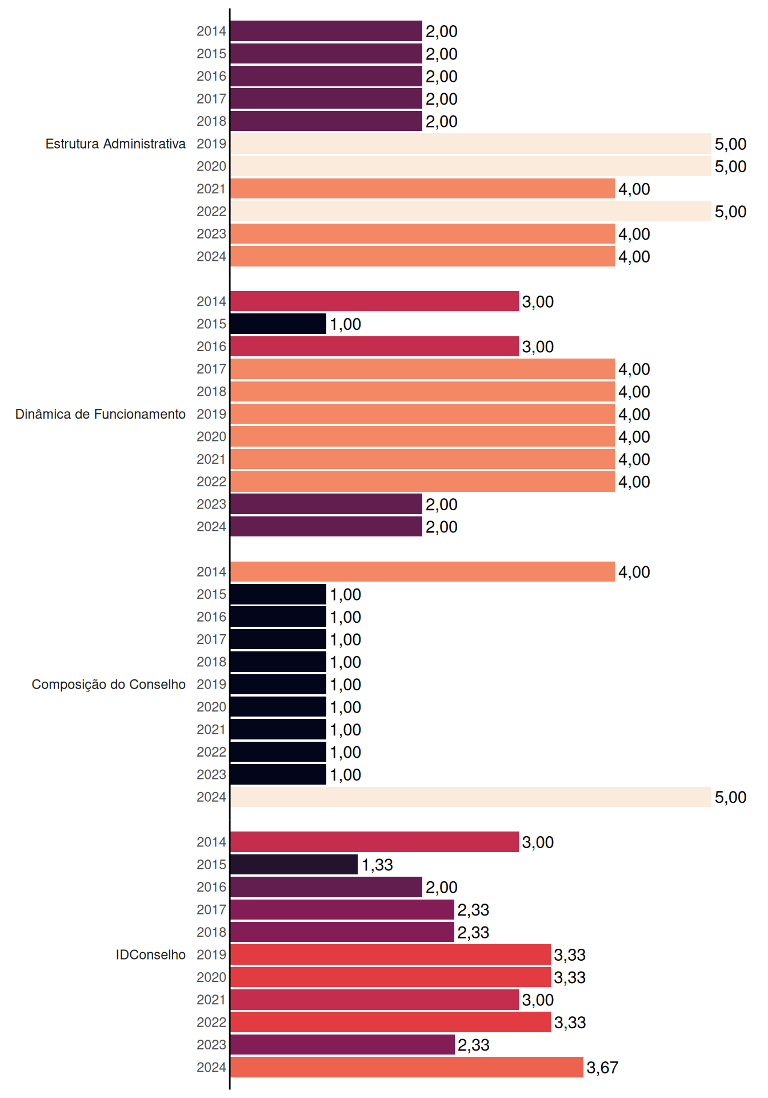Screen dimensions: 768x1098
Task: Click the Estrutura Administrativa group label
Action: (115, 144)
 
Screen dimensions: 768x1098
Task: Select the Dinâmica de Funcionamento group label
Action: (101, 414)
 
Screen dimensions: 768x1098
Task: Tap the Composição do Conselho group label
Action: (109, 685)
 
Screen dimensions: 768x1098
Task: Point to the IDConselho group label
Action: (151, 954)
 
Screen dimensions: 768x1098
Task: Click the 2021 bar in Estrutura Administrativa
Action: (422, 189)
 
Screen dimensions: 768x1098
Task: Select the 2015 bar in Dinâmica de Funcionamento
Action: (278, 324)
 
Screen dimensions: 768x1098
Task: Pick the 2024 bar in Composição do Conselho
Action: (471, 797)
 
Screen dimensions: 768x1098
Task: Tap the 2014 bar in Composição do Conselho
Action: (422, 572)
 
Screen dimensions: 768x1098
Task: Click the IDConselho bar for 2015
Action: (294, 865)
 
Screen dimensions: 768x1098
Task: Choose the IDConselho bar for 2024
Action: (407, 1067)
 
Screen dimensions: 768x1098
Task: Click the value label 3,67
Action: (602, 1068)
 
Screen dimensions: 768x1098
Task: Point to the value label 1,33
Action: (377, 865)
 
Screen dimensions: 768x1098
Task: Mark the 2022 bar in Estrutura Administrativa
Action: (471, 211)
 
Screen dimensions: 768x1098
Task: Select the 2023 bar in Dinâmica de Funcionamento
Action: (326, 504)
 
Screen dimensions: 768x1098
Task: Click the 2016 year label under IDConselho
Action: (211, 887)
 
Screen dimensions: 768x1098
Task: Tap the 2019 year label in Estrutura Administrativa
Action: (211, 144)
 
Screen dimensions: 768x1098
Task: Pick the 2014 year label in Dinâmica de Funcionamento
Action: (211, 301)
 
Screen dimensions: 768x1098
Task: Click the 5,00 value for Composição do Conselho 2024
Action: (730, 797)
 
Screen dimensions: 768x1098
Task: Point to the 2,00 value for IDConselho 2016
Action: (441, 888)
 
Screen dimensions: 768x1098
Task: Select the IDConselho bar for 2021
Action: (374, 1000)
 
